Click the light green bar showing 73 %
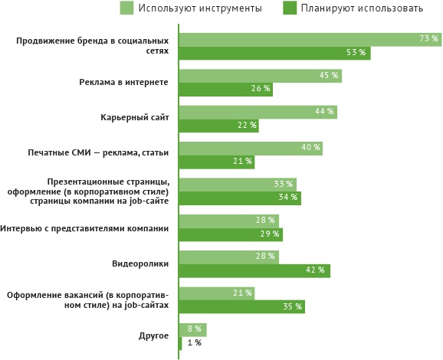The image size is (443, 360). click(x=307, y=40)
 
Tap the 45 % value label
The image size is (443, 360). click(x=329, y=75)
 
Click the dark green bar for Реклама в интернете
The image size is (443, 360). click(x=225, y=89)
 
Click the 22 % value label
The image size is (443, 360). click(x=247, y=125)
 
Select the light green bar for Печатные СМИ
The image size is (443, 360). click(x=250, y=148)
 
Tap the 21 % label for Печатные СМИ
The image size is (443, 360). click(x=242, y=162)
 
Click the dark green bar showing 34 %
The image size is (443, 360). click(x=239, y=198)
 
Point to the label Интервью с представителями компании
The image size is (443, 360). click(x=84, y=227)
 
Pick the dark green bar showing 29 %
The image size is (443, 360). click(x=230, y=234)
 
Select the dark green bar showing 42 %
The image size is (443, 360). click(x=254, y=270)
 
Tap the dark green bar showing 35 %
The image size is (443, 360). click(x=241, y=307)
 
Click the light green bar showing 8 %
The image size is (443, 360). click(x=192, y=329)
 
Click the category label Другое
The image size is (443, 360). click(x=153, y=336)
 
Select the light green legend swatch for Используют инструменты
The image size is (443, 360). click(x=127, y=8)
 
